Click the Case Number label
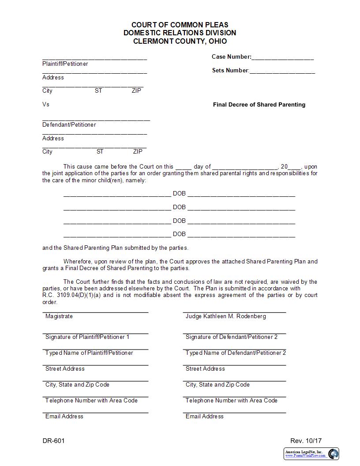click(x=231, y=56)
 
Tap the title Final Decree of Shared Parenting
click(x=259, y=105)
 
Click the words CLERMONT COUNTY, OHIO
click(x=180, y=41)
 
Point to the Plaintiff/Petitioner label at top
click(x=65, y=64)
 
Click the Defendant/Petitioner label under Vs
click(x=69, y=124)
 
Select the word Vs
click(x=46, y=104)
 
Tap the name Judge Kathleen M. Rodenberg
click(x=225, y=316)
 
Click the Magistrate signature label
click(x=59, y=316)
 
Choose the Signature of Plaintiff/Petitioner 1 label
click(x=87, y=337)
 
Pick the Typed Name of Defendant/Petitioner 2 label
click(x=236, y=353)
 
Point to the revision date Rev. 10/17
click(x=306, y=441)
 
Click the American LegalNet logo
click(x=311, y=454)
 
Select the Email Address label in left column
click(x=64, y=416)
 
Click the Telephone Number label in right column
click(x=231, y=400)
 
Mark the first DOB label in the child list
click(x=179, y=193)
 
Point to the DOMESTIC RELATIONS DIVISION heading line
click(x=180, y=33)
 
